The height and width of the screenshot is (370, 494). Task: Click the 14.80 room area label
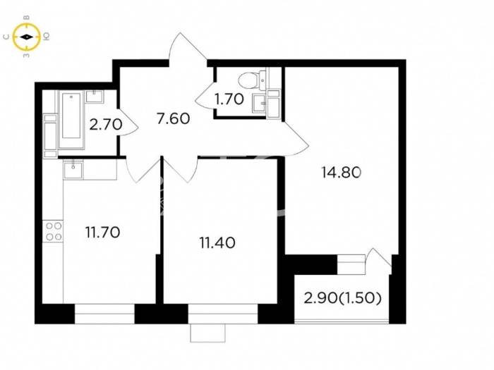(x=341, y=173)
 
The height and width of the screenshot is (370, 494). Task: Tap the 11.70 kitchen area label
(x=103, y=233)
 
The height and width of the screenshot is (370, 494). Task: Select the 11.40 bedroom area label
(x=217, y=243)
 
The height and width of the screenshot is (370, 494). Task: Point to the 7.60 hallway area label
(x=174, y=119)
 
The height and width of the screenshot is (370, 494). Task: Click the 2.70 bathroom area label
(x=106, y=125)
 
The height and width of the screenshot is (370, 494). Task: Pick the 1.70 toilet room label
(x=229, y=99)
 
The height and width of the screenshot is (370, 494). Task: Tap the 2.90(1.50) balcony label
(x=343, y=298)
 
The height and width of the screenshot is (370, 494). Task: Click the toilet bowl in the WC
(x=252, y=79)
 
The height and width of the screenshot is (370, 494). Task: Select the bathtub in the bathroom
(x=71, y=119)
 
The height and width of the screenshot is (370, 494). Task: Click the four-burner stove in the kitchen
(x=54, y=231)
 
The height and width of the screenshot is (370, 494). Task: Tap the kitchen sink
(x=73, y=170)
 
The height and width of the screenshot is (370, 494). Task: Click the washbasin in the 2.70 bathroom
(x=95, y=97)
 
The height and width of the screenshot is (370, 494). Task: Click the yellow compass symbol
(x=27, y=37)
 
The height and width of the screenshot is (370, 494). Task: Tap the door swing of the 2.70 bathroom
(x=128, y=123)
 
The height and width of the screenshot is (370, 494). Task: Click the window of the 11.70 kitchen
(x=104, y=314)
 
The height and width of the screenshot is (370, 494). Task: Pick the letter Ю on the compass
(x=46, y=37)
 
